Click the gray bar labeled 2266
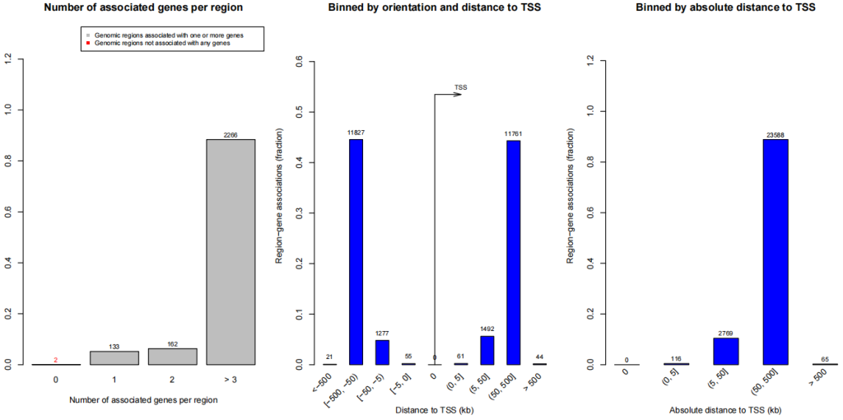point(231,251)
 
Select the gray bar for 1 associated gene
point(114,357)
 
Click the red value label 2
point(56,360)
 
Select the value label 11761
point(513,133)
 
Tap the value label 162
point(173,343)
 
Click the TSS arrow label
point(460,86)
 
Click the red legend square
point(86,43)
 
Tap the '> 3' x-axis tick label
point(231,381)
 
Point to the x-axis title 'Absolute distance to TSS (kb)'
point(725,409)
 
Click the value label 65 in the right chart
point(825,360)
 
